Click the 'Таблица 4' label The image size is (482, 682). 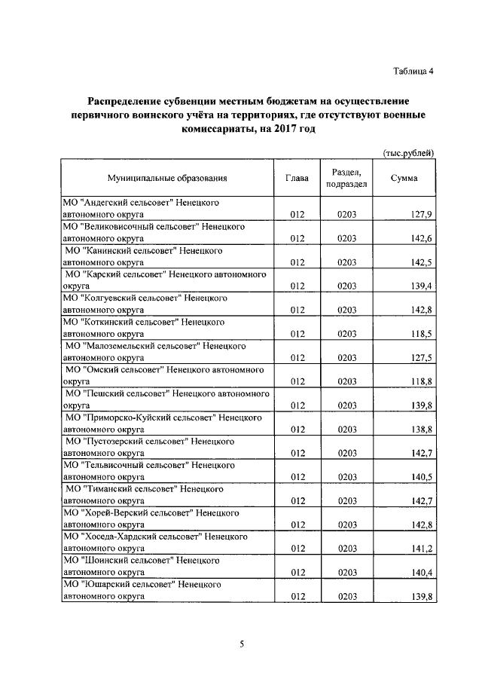pyautogui.click(x=413, y=72)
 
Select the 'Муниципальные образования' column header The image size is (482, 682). pyautogui.click(x=167, y=179)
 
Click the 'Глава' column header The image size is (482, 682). pyautogui.click(x=297, y=179)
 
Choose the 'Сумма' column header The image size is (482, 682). pyautogui.click(x=405, y=179)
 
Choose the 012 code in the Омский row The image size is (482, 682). pyautogui.click(x=297, y=382)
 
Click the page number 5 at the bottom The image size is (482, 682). pyautogui.click(x=243, y=644)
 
